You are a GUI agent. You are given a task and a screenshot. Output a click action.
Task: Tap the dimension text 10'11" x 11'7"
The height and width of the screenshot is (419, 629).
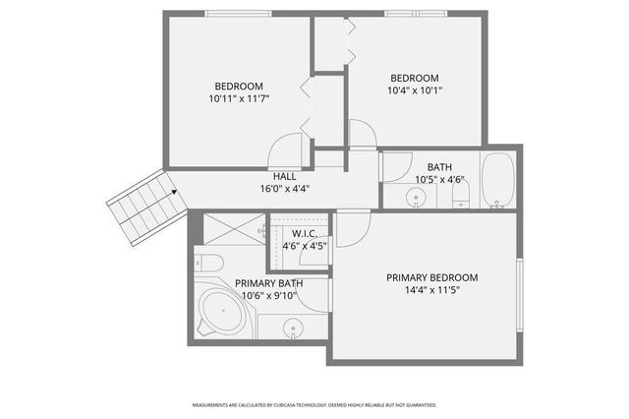click(x=239, y=98)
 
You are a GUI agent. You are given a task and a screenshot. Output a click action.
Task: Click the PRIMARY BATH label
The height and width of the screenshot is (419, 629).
click(x=268, y=283)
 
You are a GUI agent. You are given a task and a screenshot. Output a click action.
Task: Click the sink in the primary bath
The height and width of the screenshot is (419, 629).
click(x=293, y=328)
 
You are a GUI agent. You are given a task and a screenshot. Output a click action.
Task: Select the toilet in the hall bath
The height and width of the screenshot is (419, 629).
click(x=460, y=200)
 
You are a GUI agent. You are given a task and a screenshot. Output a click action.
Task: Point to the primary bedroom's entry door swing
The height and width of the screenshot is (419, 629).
click(x=352, y=228)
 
